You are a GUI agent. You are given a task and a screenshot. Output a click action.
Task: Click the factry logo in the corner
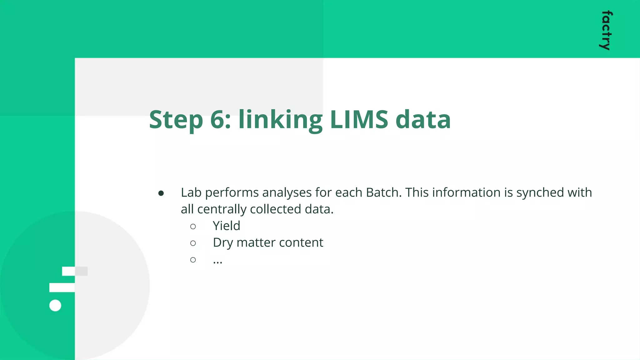pos(606,30)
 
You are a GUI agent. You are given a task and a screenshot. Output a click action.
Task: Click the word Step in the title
pos(176,120)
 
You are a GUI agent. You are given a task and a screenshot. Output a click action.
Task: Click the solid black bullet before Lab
pos(161,193)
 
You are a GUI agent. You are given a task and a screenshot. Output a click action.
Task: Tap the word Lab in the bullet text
pos(191,192)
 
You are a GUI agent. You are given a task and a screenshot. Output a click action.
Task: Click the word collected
pos(276,209)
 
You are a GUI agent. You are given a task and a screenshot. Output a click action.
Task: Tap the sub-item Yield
pos(226,226)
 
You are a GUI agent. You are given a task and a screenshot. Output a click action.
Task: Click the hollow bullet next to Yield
pos(193,227)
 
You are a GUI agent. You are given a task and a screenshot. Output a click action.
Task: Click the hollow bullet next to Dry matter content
pos(193,243)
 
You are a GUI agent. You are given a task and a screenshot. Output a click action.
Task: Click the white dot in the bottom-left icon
pos(55,305)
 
